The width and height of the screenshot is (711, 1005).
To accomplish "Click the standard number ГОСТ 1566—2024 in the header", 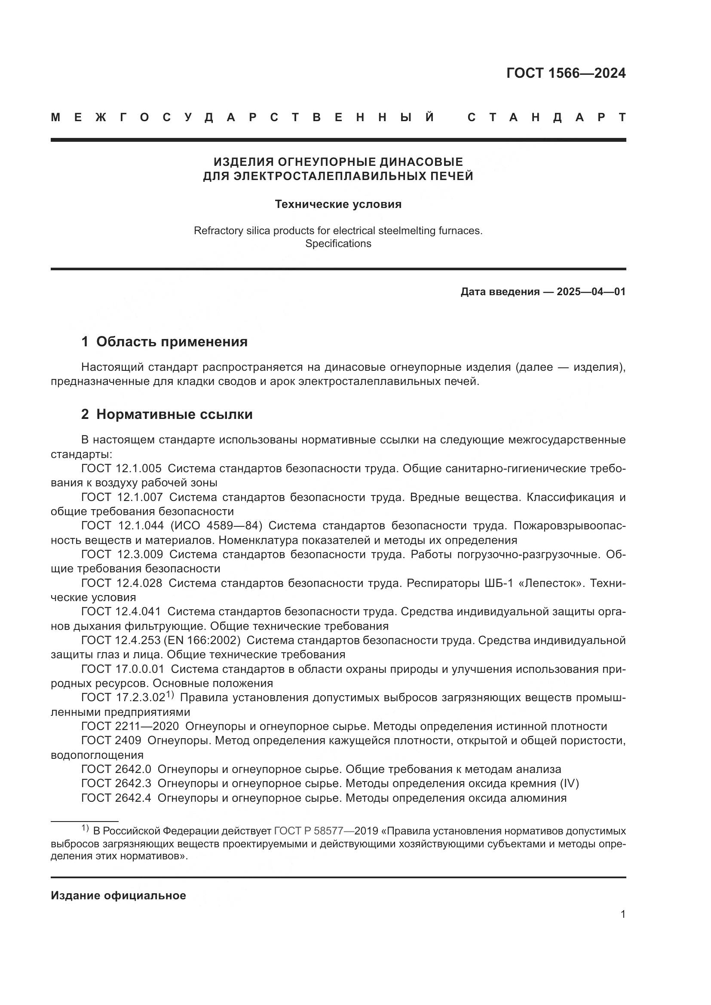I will (566, 73).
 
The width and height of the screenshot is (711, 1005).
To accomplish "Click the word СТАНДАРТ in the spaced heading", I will (546, 117).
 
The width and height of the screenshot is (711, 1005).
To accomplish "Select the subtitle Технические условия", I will (338, 205).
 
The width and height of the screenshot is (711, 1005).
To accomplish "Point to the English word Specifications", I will (338, 244).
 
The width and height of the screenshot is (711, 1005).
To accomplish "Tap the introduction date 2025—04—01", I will (591, 291).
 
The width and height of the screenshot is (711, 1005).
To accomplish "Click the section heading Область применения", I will (172, 342).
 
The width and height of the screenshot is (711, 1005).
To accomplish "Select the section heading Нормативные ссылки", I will (174, 414).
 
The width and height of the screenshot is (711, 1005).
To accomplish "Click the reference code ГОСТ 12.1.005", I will (121, 468).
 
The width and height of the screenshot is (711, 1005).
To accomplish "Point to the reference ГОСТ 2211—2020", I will (130, 726).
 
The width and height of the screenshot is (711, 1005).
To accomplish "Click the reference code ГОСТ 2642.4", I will (116, 797).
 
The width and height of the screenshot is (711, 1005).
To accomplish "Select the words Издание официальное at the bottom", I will (118, 895).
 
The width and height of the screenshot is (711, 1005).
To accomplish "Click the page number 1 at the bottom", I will (622, 914).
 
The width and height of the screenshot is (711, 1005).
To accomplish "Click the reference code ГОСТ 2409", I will (111, 741).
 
